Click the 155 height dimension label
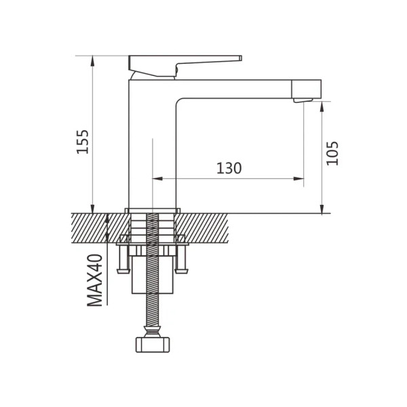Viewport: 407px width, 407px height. [x=83, y=142]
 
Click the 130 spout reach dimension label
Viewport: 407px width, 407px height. [x=229, y=168]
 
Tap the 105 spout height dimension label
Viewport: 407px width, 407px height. [x=332, y=153]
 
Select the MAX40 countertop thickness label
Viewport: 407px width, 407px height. [x=95, y=280]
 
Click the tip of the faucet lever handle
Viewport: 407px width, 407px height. [x=241, y=58]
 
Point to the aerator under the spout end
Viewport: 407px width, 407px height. [x=303, y=100]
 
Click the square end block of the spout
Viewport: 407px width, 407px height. [x=307, y=90]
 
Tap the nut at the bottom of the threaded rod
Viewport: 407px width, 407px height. [x=153, y=345]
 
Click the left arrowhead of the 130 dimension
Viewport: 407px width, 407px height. [x=157, y=178]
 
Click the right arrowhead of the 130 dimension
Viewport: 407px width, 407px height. [x=298, y=178]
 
